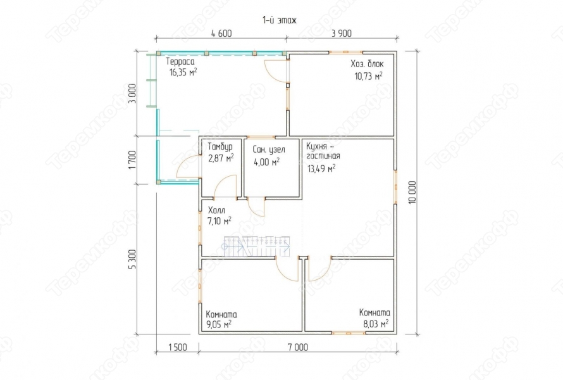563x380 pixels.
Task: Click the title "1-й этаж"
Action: pos(280,20)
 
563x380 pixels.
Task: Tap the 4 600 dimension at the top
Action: pos(221,34)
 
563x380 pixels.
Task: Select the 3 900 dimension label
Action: pos(342,34)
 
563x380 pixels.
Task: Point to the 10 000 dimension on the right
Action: pos(412,193)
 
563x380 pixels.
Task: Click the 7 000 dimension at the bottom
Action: pos(298,347)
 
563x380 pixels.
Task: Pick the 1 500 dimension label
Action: pos(177,347)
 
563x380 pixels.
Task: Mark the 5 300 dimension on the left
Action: pos(132,259)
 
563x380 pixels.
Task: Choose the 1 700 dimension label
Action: pos(132,160)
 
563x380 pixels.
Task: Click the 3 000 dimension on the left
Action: pos(132,94)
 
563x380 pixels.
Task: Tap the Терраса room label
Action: pos(180,62)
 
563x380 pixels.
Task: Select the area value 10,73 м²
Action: pos(368,76)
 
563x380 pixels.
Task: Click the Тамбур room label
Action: pos(220,146)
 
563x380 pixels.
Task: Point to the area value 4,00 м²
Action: pos(267,162)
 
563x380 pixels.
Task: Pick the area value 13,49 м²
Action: pos(322,168)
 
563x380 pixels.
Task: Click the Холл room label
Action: pos(216,210)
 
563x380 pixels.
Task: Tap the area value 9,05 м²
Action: pos(219,324)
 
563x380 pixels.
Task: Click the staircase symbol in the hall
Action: pos(257,246)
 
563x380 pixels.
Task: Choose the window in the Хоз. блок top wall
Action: pos(345,53)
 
